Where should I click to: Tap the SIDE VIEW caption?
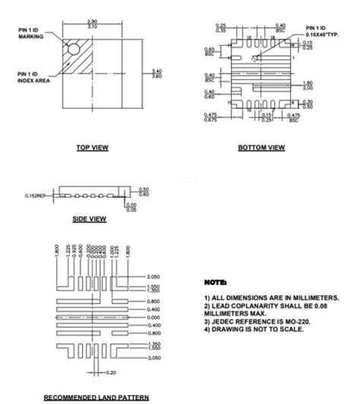pos(89,219)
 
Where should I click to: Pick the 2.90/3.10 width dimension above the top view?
pos(93,24)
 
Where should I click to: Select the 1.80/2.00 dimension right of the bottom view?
pos(308,85)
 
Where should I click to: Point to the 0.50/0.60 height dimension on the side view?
pos(144,191)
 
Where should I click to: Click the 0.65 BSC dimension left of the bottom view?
pos(210,51)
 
